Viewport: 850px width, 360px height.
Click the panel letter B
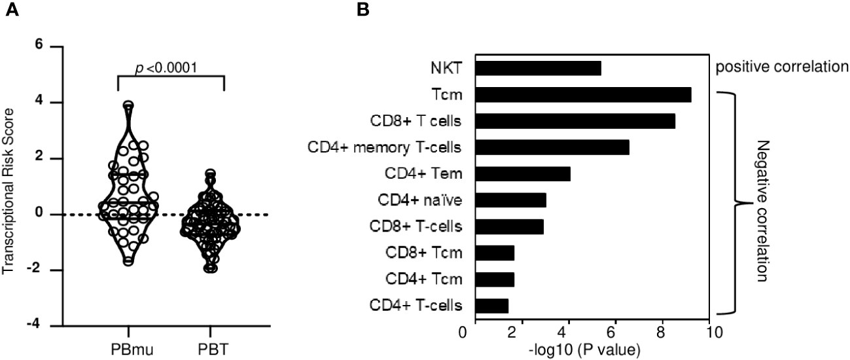pos(363,9)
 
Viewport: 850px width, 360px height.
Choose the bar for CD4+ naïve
pos(510,200)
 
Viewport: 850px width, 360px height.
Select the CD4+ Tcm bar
pos(495,279)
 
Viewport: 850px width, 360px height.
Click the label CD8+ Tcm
pos(431,253)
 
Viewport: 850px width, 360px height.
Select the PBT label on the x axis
pos(211,346)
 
